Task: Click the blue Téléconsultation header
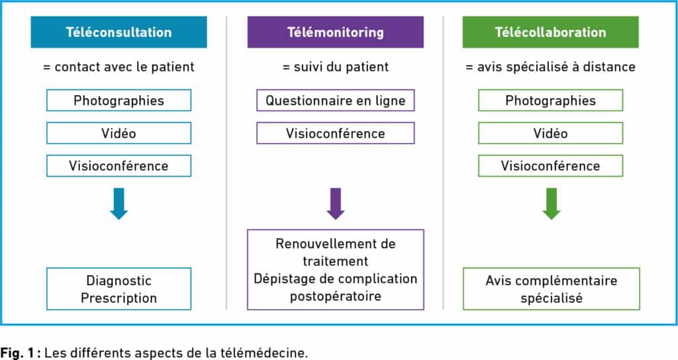(119, 32)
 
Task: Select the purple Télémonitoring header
(336, 32)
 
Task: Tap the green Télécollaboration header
(550, 32)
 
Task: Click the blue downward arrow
(119, 204)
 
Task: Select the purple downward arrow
(336, 204)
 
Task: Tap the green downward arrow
(552, 204)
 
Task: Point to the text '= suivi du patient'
(336, 67)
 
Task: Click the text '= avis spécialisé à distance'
(550, 67)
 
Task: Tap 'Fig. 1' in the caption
(17, 352)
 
